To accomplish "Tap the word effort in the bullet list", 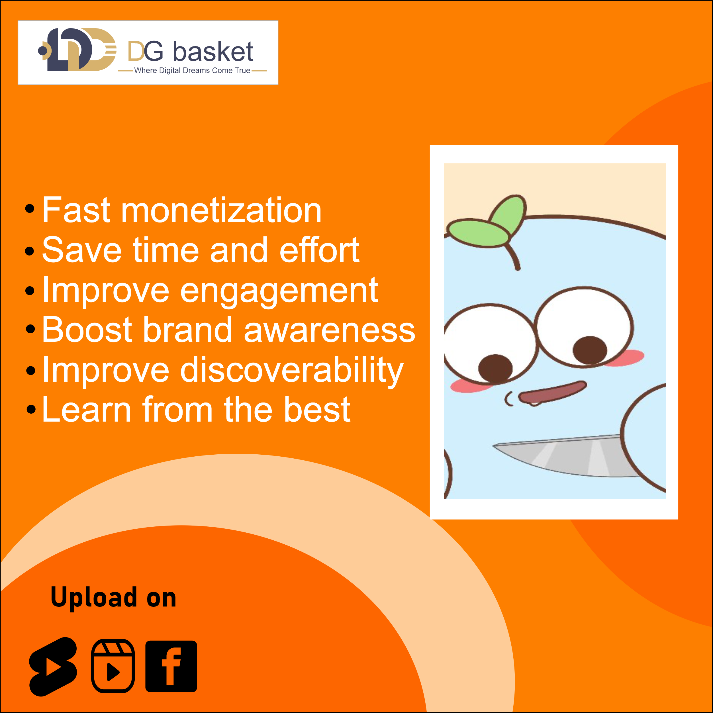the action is coord(320,250).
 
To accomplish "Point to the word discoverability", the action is coord(292,370).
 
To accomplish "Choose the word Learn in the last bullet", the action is coord(86,409).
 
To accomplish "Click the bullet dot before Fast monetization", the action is coord(30,209).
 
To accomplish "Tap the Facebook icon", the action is coord(171,666).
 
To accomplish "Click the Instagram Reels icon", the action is coord(113,666).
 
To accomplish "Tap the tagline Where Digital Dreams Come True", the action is coord(192,70).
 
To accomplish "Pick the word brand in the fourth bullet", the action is coord(188,329).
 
